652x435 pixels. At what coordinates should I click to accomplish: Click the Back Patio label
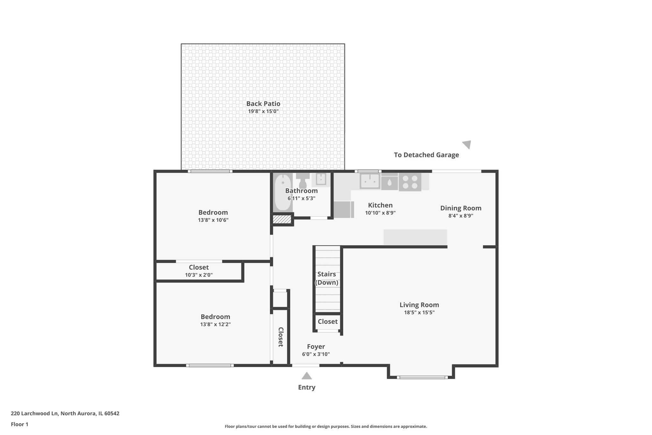coord(263,104)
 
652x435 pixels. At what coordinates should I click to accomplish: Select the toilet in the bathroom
coord(302,182)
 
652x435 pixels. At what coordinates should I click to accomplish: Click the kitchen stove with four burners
coord(410,182)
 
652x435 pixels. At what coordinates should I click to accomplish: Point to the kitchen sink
coord(370,181)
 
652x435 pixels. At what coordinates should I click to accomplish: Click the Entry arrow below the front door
coord(307,376)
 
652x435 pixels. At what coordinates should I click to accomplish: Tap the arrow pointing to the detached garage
coord(467,144)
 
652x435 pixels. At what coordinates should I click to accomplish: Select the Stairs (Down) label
coord(327,278)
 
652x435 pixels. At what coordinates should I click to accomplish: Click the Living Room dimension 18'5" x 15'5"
coord(419,313)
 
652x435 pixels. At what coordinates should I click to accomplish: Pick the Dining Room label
coord(461,208)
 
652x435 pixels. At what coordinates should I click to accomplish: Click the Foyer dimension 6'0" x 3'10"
coord(316,354)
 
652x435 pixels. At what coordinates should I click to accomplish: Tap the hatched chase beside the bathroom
coord(282,220)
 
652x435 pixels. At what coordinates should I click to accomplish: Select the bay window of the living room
coord(421,377)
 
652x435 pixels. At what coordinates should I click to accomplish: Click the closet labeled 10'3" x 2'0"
coord(199,271)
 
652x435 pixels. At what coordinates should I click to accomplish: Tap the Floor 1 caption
coord(20,424)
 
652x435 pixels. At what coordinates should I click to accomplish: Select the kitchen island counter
coord(415,237)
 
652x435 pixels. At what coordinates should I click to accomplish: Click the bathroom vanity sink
coord(321,179)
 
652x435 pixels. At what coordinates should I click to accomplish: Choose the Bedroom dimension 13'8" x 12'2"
coord(215,324)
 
